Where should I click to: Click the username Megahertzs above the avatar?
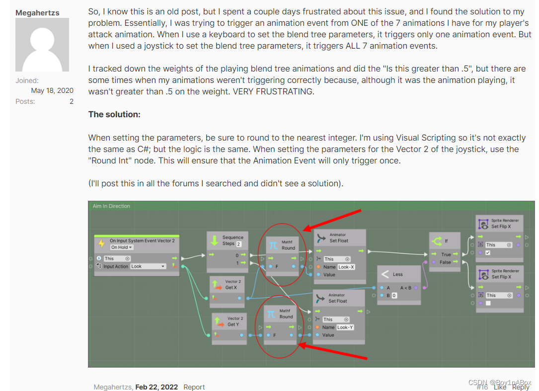(37, 12)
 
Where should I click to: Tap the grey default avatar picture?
(42, 45)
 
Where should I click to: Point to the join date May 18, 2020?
(52, 90)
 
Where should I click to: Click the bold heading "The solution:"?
(114, 114)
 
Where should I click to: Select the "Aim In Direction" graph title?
(111, 206)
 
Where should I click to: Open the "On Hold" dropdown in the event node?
(122, 247)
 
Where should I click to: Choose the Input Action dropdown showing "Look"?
(148, 266)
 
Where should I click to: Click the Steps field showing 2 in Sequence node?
(238, 244)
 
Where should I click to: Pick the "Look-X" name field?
(346, 267)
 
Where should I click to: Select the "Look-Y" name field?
(345, 327)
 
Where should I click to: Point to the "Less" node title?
(397, 274)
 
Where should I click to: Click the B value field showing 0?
(394, 296)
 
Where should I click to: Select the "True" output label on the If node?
(446, 254)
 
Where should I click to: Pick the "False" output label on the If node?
(445, 262)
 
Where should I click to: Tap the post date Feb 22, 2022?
(156, 387)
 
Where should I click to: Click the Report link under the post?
(194, 387)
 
